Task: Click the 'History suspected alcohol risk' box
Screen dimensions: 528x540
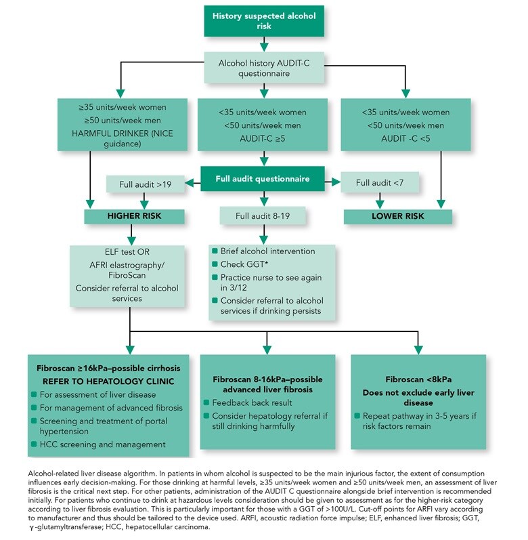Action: (264, 21)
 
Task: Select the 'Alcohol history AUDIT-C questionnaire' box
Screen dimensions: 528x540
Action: (264, 68)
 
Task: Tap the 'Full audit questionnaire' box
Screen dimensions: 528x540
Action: (263, 179)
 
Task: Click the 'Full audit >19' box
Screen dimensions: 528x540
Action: (145, 184)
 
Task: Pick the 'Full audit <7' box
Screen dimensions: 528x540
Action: (380, 182)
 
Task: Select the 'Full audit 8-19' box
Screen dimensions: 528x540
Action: (263, 216)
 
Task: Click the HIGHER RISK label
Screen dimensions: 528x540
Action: (134, 216)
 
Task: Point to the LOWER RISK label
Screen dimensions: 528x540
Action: (398, 216)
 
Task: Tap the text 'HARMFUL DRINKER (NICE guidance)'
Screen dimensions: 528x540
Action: (123, 138)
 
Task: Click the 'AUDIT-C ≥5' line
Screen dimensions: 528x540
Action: (263, 138)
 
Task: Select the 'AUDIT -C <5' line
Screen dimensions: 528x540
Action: (405, 138)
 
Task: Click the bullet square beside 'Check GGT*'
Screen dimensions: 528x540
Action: (215, 264)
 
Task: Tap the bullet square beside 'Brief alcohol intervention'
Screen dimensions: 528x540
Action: (215, 251)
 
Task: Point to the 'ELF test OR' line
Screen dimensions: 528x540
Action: (127, 252)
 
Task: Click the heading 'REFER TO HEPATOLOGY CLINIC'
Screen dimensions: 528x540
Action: (108, 381)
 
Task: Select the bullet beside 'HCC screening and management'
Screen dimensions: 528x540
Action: (34, 444)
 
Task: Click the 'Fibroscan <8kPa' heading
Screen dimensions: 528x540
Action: (418, 379)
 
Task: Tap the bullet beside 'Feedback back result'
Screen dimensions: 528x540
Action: (206, 402)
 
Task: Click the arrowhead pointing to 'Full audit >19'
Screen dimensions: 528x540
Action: (189, 183)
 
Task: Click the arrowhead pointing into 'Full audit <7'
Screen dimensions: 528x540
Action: (336, 182)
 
